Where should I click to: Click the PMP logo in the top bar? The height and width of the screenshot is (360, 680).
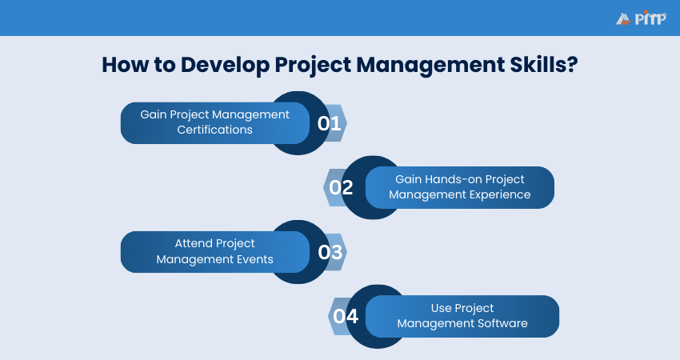tap(641, 18)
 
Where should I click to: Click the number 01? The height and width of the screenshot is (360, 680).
tap(329, 123)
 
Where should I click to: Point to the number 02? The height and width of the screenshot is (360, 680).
tap(342, 187)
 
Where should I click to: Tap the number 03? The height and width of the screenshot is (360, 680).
tap(330, 252)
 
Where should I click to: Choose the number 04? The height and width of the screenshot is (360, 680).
tap(346, 316)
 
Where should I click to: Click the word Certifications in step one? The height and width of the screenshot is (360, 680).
tap(214, 130)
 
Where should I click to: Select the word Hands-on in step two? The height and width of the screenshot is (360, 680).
tap(458, 179)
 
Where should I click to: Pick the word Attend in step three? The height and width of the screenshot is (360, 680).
tap(194, 243)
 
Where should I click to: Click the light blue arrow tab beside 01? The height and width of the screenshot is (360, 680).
tap(340, 123)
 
